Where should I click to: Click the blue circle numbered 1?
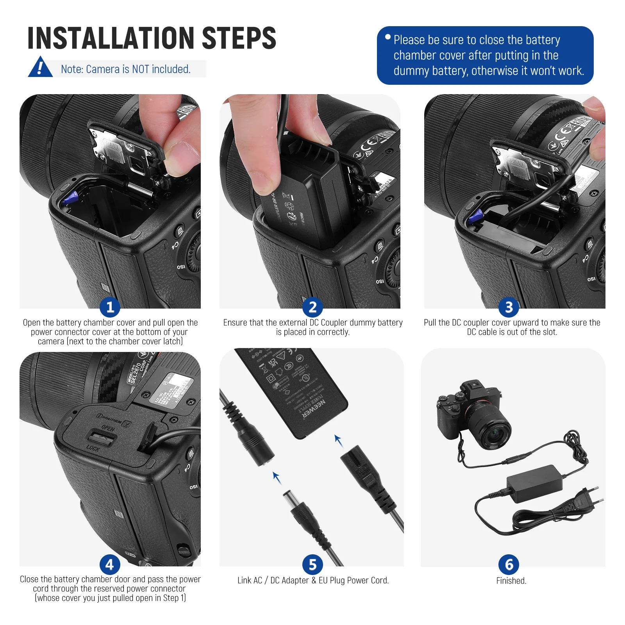110,307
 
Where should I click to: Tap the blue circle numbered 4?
110,564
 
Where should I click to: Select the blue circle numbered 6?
509,564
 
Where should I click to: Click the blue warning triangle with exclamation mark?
40,68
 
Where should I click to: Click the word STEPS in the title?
239,38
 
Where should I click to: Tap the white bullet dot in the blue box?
387,37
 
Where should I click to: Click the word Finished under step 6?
511,580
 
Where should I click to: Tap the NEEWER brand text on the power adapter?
315,410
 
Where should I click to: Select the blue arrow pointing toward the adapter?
338,440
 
